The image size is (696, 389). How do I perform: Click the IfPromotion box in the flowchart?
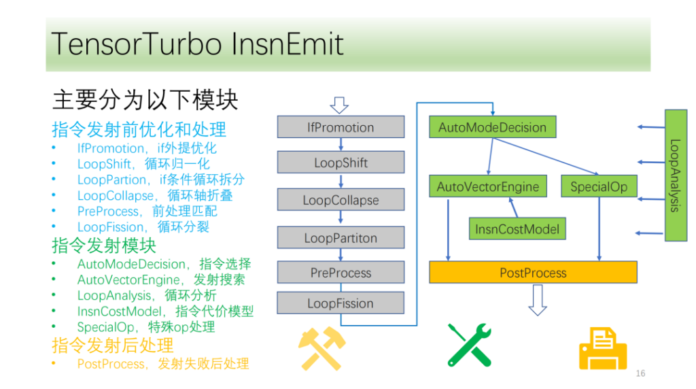[x=341, y=127]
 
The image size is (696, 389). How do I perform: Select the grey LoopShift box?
[x=341, y=162]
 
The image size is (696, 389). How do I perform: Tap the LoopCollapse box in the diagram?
[x=341, y=199]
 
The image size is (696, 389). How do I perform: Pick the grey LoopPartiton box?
[x=341, y=237]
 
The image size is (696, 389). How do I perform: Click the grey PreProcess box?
[x=341, y=272]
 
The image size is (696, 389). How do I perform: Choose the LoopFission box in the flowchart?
[x=341, y=303]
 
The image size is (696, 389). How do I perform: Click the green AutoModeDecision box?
[x=493, y=127]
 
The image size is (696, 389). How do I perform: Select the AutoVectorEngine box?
[x=488, y=186]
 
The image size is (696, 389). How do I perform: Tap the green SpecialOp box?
[x=599, y=186]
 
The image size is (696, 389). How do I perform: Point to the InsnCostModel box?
[x=517, y=229]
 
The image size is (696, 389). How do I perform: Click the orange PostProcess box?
[x=533, y=272]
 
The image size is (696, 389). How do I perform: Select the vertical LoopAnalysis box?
[x=676, y=175]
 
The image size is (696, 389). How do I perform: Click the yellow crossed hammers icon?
[x=321, y=349]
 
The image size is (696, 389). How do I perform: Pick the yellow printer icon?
[x=603, y=349]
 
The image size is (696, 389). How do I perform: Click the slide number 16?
[x=640, y=373]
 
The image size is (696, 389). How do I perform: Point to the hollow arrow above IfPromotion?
[x=339, y=105]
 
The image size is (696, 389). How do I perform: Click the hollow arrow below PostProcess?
[x=538, y=300]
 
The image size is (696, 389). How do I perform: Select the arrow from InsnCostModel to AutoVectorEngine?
[x=513, y=207]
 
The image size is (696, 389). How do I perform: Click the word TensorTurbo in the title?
[x=137, y=44]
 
